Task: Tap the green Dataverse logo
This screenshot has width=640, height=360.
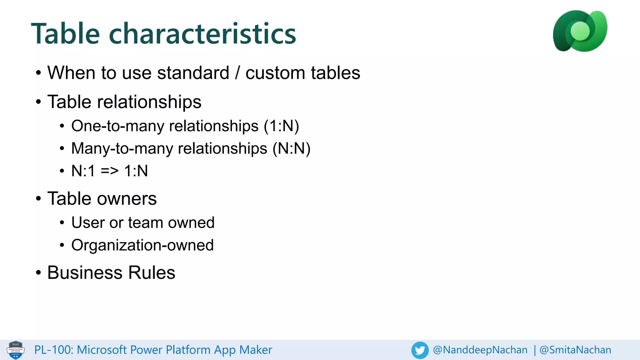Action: coord(580,31)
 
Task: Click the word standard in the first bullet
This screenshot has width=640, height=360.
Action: coord(193,73)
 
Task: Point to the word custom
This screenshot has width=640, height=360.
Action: coord(275,73)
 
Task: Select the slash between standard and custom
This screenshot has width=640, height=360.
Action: coord(237,73)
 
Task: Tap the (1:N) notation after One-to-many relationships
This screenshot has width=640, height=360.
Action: coord(281,126)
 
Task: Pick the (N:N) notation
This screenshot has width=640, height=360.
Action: coord(291,148)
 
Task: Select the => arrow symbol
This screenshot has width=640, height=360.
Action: coord(110,171)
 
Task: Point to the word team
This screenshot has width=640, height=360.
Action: coord(146,223)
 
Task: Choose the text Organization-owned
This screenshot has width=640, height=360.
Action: coord(142,245)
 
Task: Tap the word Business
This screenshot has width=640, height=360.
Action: coord(85,272)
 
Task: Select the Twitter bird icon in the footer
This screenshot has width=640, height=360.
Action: coord(420,350)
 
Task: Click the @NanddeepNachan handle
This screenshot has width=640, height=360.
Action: coord(480,350)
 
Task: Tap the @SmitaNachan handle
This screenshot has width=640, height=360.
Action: coord(575,350)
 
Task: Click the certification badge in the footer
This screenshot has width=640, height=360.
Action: coord(16,350)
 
